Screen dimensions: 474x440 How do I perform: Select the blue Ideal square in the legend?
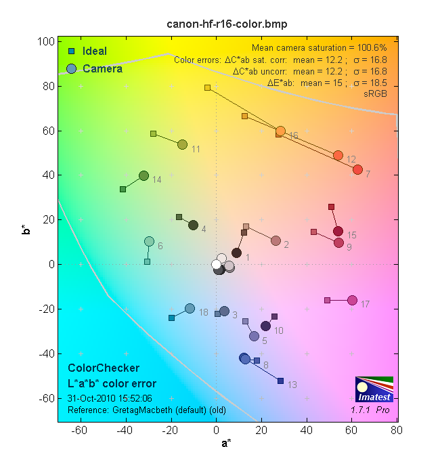tap(71, 51)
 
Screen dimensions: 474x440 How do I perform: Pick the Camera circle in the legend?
tap(72, 68)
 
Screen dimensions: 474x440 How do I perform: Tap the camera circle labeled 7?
tap(357, 169)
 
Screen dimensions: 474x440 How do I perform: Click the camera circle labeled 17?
tap(352, 300)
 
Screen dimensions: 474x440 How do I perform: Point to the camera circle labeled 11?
tap(182, 144)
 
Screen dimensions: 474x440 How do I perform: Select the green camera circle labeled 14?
tap(144, 175)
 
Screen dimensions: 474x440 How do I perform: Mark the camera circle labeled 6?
tap(149, 241)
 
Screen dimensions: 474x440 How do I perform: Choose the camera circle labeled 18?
tap(190, 308)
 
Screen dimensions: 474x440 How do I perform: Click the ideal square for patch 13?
tap(280, 381)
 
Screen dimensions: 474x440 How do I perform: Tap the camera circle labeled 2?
tap(276, 240)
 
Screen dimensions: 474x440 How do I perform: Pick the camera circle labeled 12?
tap(338, 155)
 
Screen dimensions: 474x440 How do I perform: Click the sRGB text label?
tap(376, 93)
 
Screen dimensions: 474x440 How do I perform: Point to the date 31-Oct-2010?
tap(91, 398)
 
